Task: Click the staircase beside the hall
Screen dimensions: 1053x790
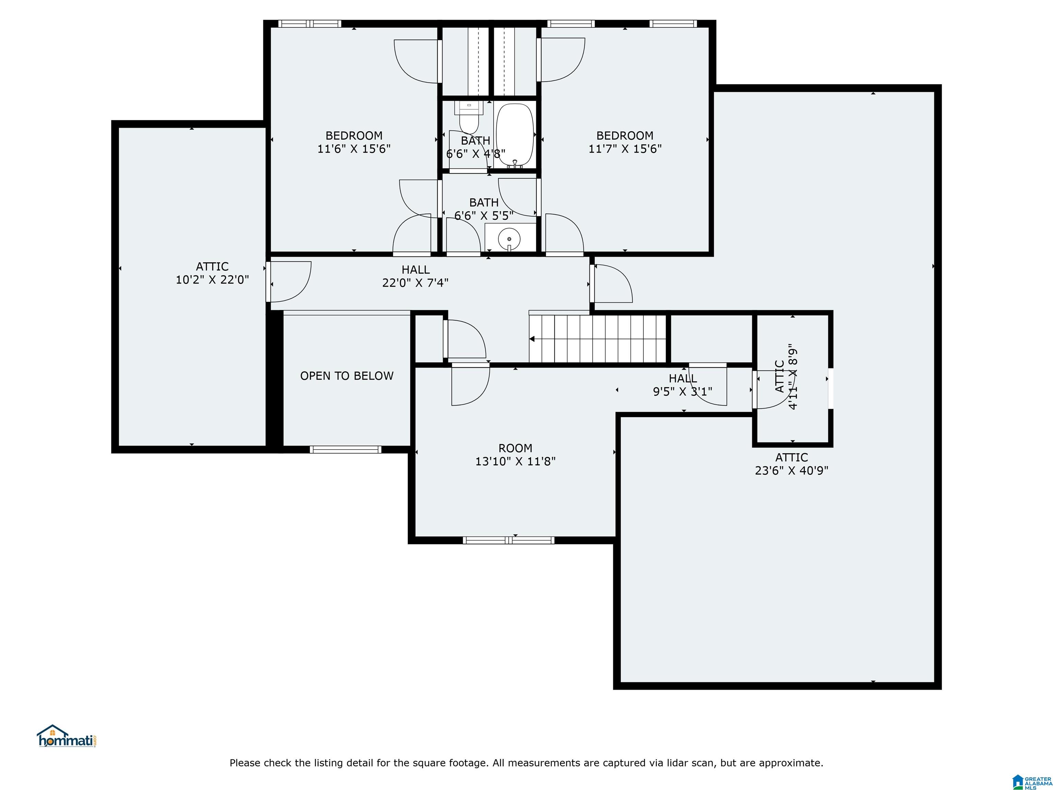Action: (597, 338)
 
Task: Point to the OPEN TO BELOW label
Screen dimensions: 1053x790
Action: (347, 376)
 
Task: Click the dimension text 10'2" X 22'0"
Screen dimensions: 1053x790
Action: (212, 279)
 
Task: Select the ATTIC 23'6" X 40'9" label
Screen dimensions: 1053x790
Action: (792, 464)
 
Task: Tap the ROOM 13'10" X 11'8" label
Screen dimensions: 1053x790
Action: (516, 455)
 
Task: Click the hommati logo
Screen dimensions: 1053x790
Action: (66, 736)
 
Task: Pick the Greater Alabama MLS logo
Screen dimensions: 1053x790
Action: (1032, 782)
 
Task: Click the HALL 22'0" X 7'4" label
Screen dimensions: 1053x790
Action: (415, 276)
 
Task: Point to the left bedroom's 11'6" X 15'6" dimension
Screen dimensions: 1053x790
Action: (354, 148)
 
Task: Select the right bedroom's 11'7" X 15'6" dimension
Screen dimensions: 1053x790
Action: (625, 148)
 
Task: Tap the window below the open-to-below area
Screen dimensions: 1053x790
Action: (346, 449)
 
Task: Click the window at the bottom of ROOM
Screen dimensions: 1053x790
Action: (508, 540)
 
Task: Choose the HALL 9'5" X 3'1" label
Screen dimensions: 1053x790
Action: (683, 385)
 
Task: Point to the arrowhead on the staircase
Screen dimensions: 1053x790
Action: (532, 339)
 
